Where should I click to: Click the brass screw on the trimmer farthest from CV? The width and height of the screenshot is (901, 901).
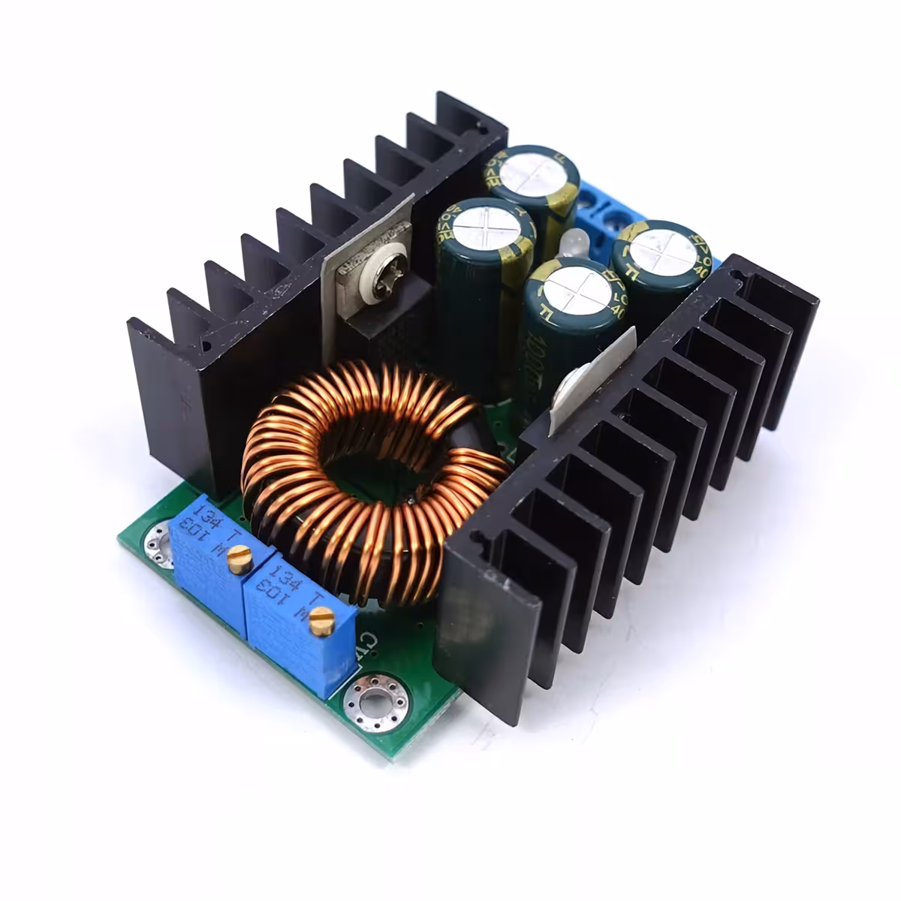240,559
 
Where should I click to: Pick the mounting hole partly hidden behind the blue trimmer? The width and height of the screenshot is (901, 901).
159,539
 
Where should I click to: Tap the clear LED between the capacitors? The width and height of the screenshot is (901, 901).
573,245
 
